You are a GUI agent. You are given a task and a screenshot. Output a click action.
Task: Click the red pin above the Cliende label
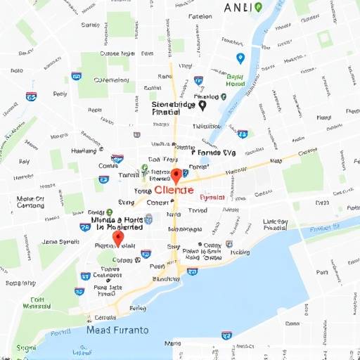tap(176, 176)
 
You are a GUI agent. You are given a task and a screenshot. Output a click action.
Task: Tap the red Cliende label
tap(175, 190)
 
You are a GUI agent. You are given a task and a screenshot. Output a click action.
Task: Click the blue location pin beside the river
tap(240, 59)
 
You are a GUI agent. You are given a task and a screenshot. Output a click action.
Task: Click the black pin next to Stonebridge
tap(202, 105)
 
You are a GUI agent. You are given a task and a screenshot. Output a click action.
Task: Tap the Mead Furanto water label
tap(117, 329)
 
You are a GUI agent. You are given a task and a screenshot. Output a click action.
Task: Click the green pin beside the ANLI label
tap(258, 7)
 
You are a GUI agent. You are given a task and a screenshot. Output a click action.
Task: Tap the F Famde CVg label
tap(214, 152)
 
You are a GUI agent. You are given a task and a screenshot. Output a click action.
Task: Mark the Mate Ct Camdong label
tap(30, 202)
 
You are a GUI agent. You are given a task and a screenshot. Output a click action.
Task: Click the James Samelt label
tap(60, 241)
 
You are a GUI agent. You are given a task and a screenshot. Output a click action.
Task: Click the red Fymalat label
tap(212, 198)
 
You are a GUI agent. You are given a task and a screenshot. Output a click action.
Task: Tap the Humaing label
tap(84, 150)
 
